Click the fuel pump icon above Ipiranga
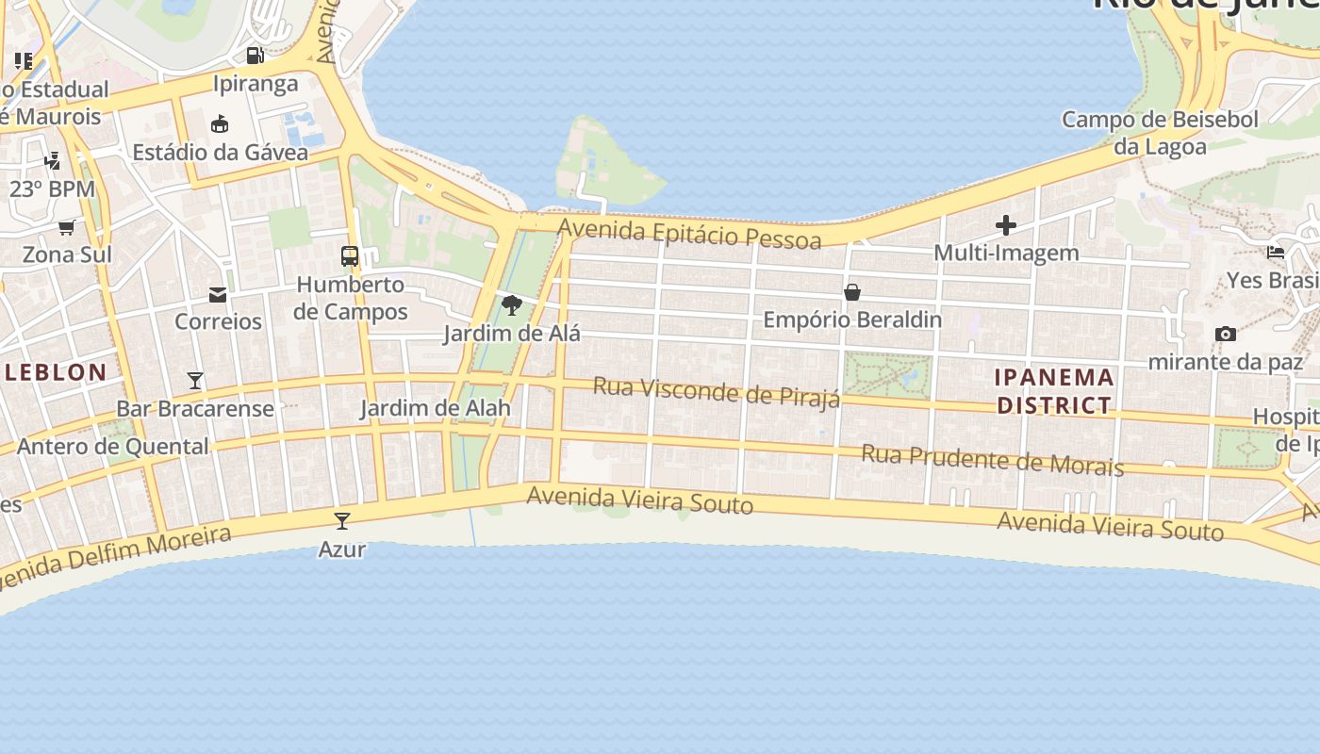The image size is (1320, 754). point(255,56)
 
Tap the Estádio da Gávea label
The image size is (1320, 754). point(220,152)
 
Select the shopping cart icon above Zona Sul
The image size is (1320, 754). point(66,227)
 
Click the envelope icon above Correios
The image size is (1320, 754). point(218,295)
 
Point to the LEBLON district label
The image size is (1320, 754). point(56,372)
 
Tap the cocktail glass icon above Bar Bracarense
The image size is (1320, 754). point(195,381)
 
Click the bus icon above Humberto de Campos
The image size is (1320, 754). point(350,256)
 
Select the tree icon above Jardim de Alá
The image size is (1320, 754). point(512,305)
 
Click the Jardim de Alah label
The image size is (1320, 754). point(435,408)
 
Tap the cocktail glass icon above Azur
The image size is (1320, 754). point(342,521)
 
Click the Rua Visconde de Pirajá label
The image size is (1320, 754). point(717,392)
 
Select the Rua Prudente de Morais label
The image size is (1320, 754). point(992,460)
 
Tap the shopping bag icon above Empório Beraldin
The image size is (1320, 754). point(852,292)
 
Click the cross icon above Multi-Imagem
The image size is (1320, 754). point(1006,225)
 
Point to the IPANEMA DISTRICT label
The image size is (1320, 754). point(1054,391)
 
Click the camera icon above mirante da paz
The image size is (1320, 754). point(1226,334)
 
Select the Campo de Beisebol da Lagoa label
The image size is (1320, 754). point(1160,133)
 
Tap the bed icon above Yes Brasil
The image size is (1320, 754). point(1276,252)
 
